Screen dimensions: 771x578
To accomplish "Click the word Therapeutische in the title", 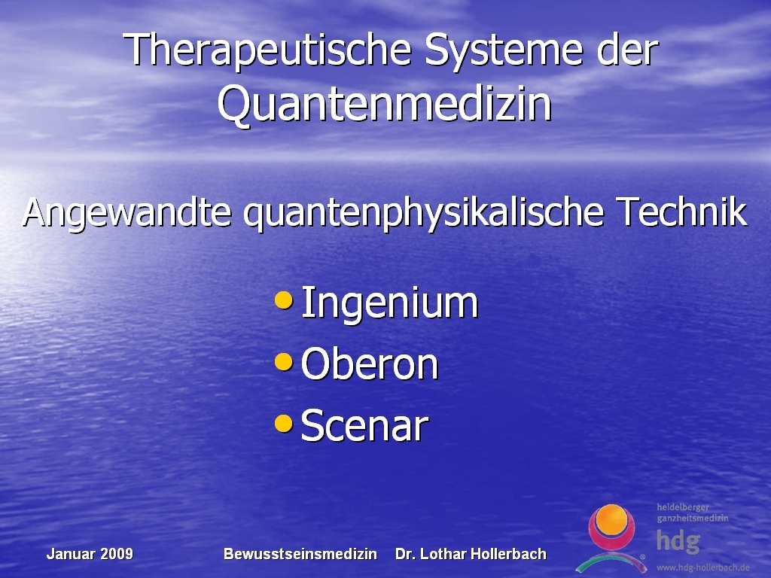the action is click(267, 50).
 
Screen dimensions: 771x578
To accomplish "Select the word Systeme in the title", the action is click(504, 50).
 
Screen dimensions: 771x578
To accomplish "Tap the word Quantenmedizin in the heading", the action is click(385, 104).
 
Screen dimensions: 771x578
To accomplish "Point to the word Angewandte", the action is click(126, 213).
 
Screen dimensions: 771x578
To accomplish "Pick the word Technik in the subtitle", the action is click(681, 211).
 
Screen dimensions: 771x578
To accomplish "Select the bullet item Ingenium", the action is click(389, 303).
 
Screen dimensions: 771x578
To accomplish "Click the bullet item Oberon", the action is click(369, 364).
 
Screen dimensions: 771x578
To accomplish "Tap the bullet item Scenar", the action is click(364, 426).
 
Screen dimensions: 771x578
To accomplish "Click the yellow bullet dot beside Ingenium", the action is click(284, 300).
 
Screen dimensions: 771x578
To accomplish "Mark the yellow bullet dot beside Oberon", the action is click(284, 362).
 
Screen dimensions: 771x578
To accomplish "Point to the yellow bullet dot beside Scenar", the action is click(284, 423).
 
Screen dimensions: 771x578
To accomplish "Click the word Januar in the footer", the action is click(72, 554).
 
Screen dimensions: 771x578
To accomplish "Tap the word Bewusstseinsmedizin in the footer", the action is click(300, 554).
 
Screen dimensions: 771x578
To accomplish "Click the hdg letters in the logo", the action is click(678, 540).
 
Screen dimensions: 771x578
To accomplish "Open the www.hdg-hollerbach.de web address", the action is click(703, 567).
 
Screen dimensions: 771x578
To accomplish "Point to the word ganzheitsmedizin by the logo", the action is click(693, 519).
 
